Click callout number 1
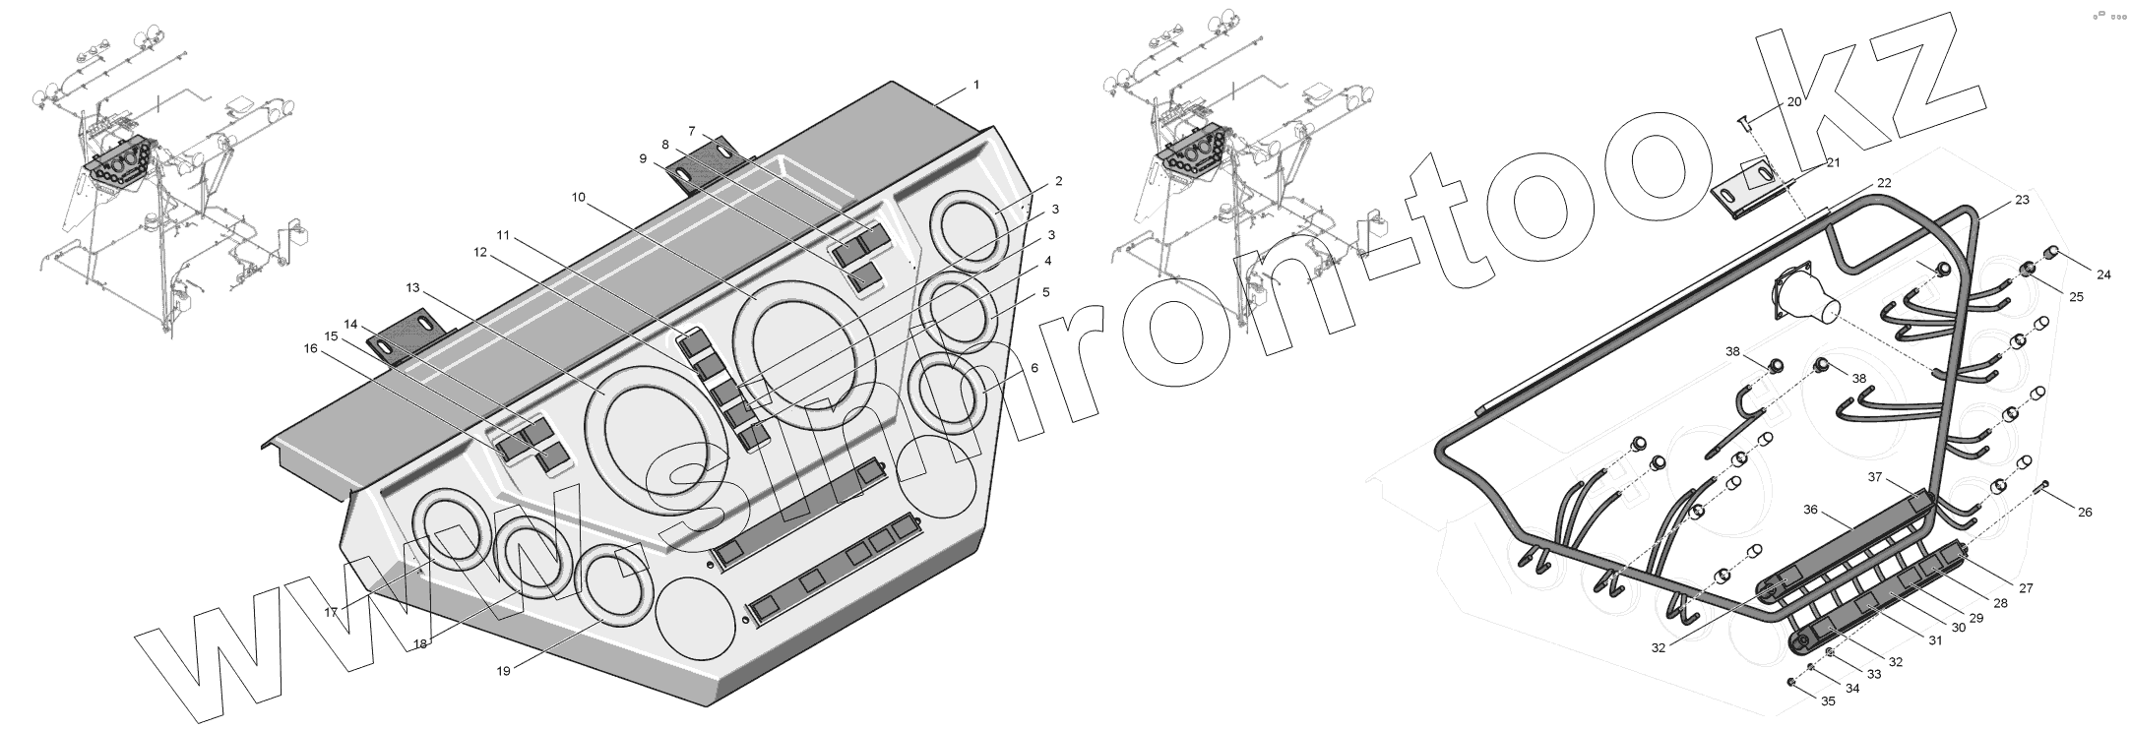coord(976,85)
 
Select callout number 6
coord(1034,368)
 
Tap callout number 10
coord(578,198)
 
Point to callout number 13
coord(412,287)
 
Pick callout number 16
coord(310,348)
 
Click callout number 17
coord(332,612)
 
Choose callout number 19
coord(504,671)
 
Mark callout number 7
coord(692,131)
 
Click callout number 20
coord(1793,102)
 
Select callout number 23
coord(2022,201)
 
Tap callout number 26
coord(2085,512)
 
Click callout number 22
coord(1883,183)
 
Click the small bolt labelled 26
coord(2044,486)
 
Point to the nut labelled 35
coord(1791,708)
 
